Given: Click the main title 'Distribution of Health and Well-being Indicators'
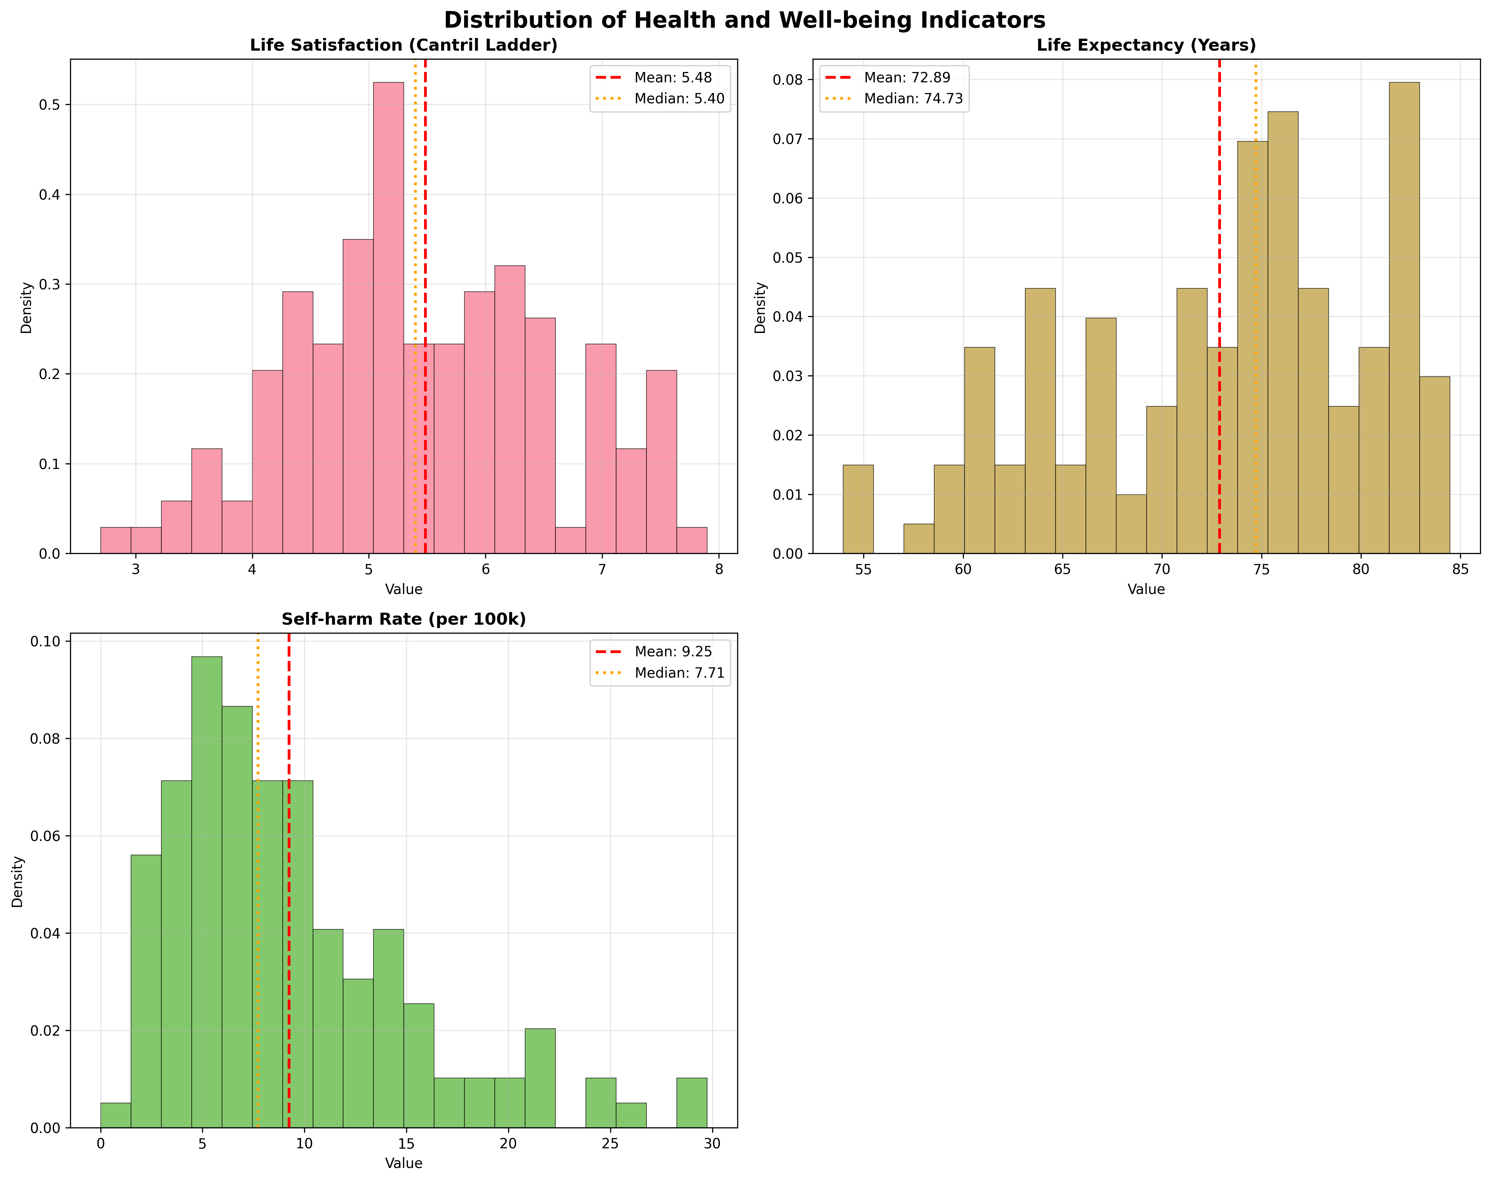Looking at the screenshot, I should pyautogui.click(x=744, y=20).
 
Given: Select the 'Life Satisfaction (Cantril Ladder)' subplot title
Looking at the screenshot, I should pyautogui.click(x=404, y=46).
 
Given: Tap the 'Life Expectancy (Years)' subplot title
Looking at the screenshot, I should pyautogui.click(x=1146, y=46).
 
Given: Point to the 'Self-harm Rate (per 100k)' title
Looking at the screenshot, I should pyautogui.click(x=404, y=619).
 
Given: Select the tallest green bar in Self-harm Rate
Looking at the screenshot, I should pyautogui.click(x=207, y=891).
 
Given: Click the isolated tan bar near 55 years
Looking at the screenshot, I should pyautogui.click(x=858, y=509).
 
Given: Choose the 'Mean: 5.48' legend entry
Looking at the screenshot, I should pyautogui.click(x=672, y=77).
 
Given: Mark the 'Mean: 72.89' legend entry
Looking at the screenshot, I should pyautogui.click(x=907, y=77).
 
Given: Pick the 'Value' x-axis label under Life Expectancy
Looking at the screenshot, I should pyautogui.click(x=1146, y=589).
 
